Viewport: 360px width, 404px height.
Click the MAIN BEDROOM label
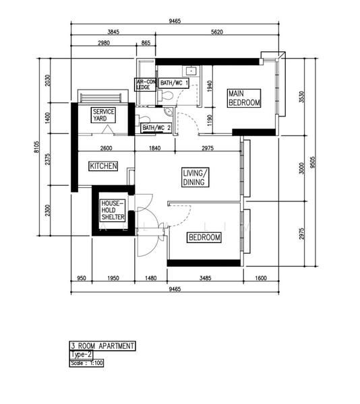pos(244,98)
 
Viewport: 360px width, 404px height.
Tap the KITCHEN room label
pos(103,166)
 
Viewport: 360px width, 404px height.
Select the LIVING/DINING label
pos(196,178)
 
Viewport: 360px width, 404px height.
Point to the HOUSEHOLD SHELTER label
pos(113,210)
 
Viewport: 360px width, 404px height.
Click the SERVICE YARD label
pos(103,115)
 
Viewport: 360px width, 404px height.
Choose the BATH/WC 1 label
pos(174,83)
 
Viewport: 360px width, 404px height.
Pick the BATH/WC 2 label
pos(156,127)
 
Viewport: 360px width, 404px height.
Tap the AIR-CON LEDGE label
pos(146,85)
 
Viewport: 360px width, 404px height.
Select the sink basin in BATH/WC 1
pos(191,71)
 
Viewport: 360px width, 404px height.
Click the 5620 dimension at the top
pos(217,32)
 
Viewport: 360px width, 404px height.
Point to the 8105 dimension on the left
pos(36,147)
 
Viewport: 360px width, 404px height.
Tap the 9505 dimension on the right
pos(313,162)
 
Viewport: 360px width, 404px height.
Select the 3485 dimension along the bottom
pos(205,278)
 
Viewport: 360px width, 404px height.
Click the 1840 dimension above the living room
pos(155,148)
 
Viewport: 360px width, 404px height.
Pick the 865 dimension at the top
pos(146,43)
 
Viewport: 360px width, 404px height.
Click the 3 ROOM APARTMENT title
pos(102,346)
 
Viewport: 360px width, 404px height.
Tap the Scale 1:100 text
pos(87,364)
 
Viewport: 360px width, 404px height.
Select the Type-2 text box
pos(81,355)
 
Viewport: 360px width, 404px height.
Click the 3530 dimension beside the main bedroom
pos(302,97)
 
